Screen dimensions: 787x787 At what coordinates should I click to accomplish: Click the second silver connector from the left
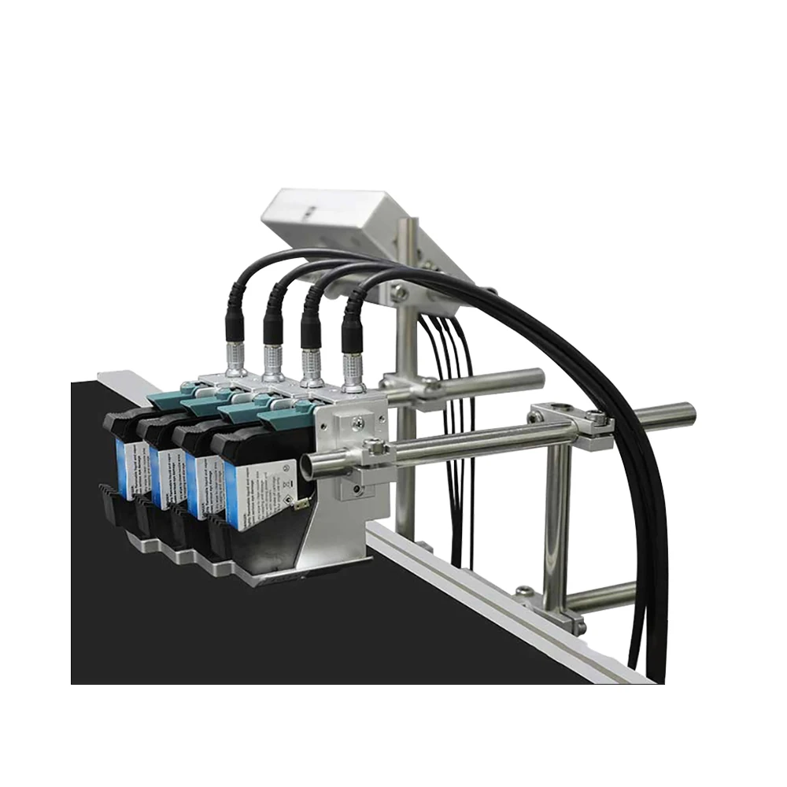point(274,362)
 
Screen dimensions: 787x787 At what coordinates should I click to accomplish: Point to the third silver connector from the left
point(312,367)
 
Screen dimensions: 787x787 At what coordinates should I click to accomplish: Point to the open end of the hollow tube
point(309,466)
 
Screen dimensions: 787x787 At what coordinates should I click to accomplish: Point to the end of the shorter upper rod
point(538,377)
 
